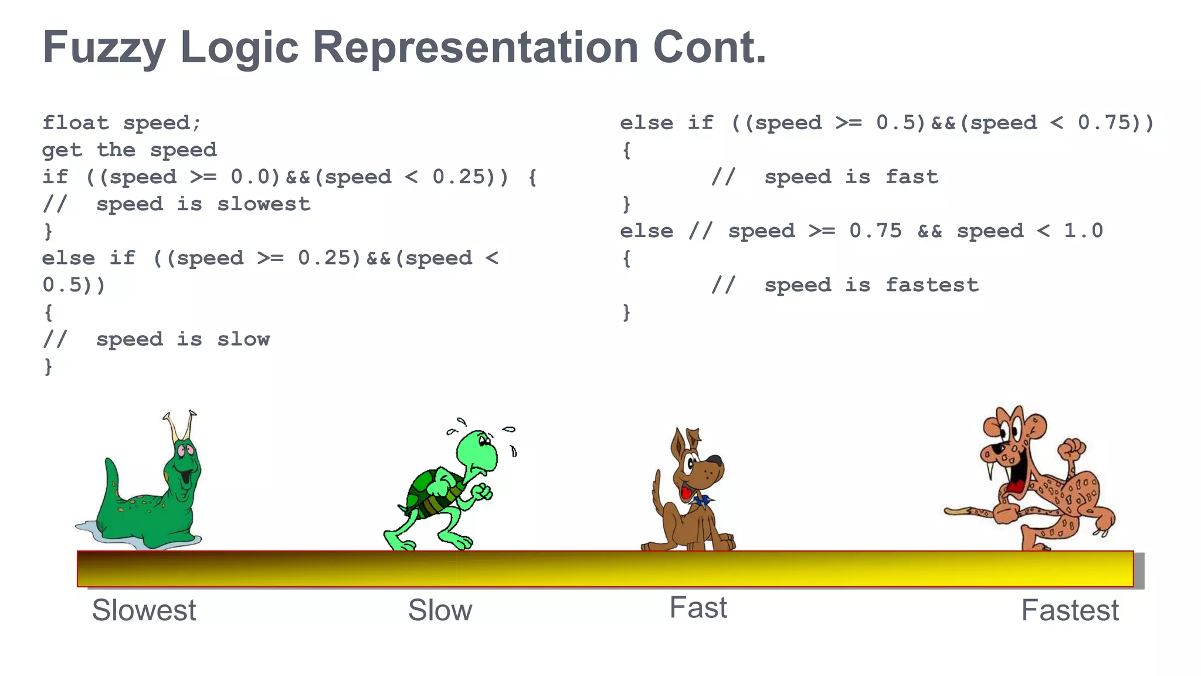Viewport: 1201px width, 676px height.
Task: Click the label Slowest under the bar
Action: click(x=144, y=610)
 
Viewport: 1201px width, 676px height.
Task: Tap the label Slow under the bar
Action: click(x=440, y=610)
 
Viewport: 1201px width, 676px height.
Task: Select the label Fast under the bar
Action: click(x=698, y=608)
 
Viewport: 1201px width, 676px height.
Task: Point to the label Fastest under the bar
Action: click(x=1070, y=610)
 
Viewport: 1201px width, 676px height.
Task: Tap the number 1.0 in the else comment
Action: click(x=1083, y=231)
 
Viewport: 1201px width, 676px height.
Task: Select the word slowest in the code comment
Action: click(x=264, y=204)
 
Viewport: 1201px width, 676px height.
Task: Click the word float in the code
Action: click(x=76, y=123)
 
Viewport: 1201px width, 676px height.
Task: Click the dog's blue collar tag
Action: click(x=701, y=501)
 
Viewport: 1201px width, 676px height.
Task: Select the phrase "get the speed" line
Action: click(x=130, y=150)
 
